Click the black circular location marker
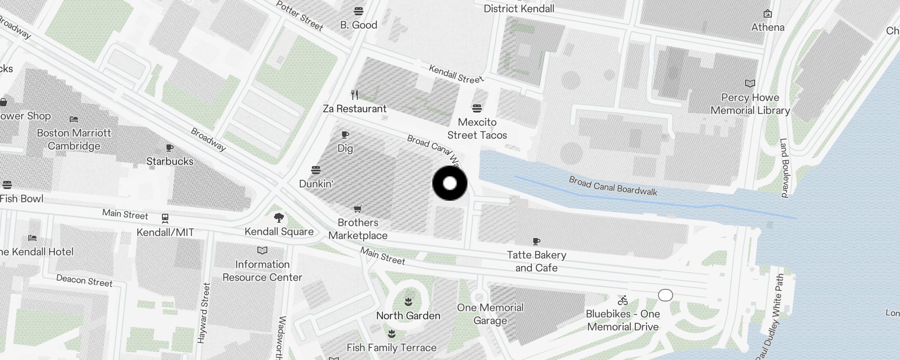pyautogui.click(x=450, y=183)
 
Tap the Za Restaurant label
pyautogui.click(x=355, y=108)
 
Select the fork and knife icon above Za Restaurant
pyautogui.click(x=355, y=95)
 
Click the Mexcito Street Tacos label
pyautogui.click(x=477, y=129)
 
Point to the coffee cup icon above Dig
pyautogui.click(x=345, y=135)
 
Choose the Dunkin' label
pyautogui.click(x=316, y=184)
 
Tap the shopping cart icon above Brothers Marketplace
pyautogui.click(x=358, y=209)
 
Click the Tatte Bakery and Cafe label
pyautogui.click(x=536, y=261)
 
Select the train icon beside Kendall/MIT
pyautogui.click(x=165, y=219)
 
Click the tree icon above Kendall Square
pyautogui.click(x=279, y=218)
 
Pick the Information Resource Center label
pyautogui.click(x=262, y=271)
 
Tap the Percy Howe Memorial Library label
pyautogui.click(x=750, y=104)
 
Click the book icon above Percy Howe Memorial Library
pyautogui.click(x=750, y=84)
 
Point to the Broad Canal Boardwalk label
pyautogui.click(x=613, y=186)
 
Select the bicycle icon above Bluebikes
pyautogui.click(x=623, y=300)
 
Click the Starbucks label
pyautogui.click(x=170, y=161)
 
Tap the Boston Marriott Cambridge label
pyautogui.click(x=74, y=139)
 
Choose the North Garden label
pyautogui.click(x=408, y=315)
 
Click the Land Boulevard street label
pyautogui.click(x=784, y=168)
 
